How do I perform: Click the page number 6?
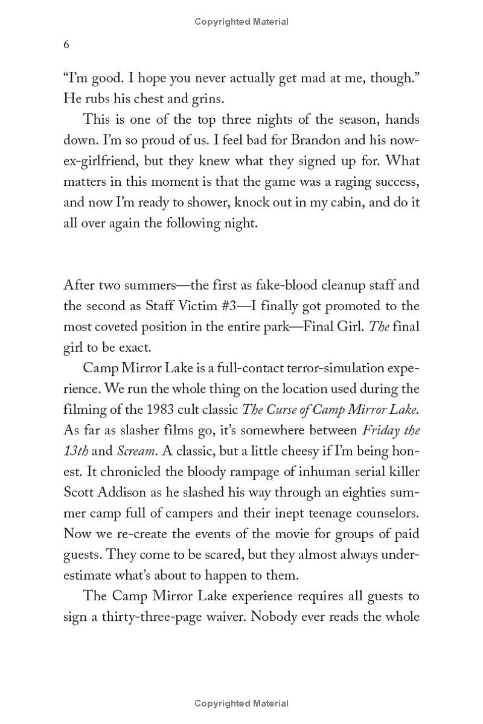(66, 45)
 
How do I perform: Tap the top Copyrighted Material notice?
(241, 22)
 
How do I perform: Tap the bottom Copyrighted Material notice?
(241, 703)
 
